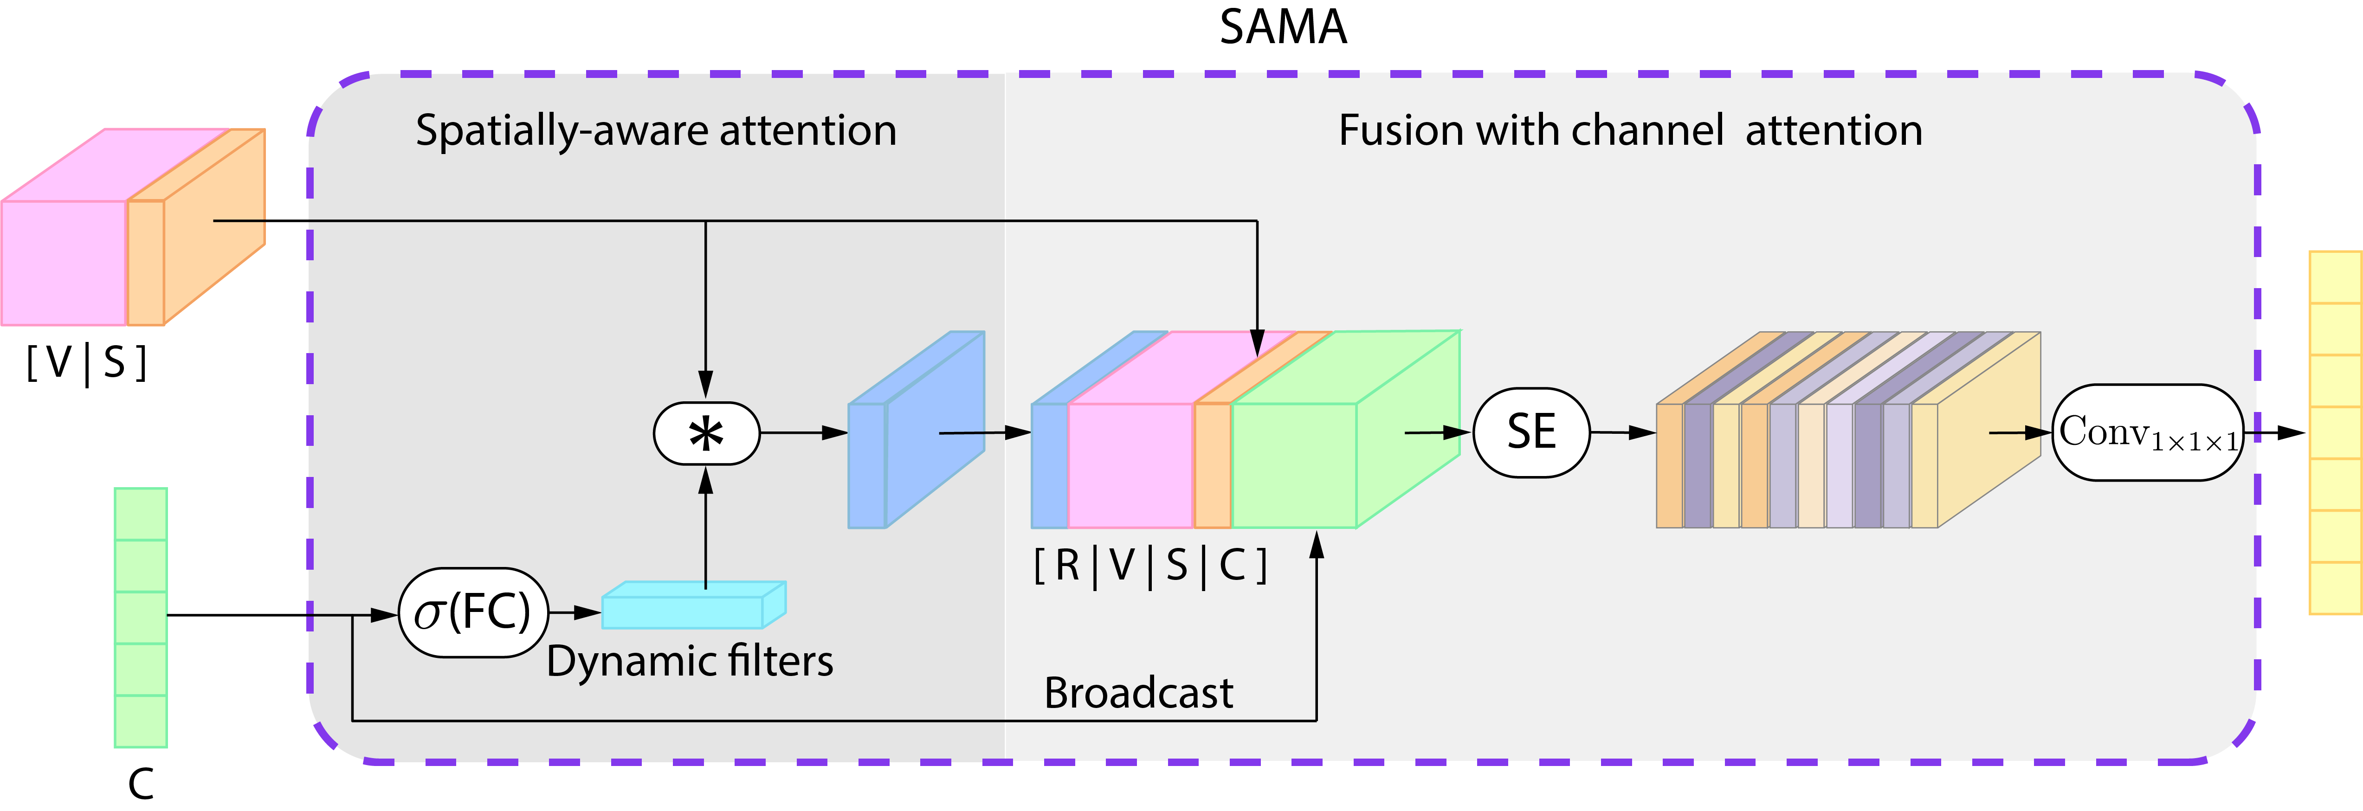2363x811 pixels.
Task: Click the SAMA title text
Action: click(x=1282, y=27)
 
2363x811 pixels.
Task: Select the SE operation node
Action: click(x=1531, y=432)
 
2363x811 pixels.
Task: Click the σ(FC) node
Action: click(x=472, y=612)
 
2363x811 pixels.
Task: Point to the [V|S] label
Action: click(x=86, y=363)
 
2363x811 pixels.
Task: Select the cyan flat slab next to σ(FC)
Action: click(x=684, y=611)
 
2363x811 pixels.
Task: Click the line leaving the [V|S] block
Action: click(x=261, y=220)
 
